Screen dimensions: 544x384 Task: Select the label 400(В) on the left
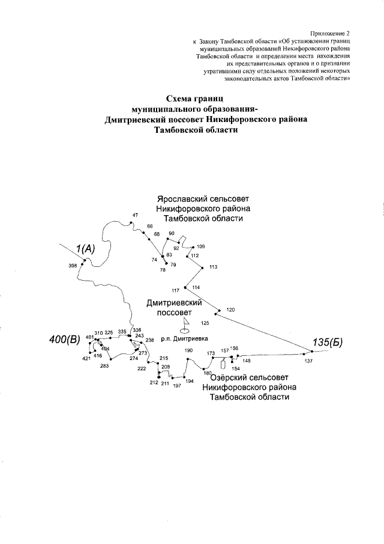(x=64, y=341)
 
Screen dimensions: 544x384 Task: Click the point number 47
(x=135, y=215)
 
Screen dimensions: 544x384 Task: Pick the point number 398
(x=73, y=266)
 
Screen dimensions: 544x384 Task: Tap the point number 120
(x=231, y=310)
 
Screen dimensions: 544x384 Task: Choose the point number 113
(x=213, y=266)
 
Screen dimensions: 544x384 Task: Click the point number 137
(x=308, y=361)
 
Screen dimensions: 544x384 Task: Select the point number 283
(x=104, y=365)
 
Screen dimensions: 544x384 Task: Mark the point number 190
(x=188, y=350)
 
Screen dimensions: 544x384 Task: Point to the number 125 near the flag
(x=205, y=323)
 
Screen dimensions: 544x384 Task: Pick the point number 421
(x=86, y=359)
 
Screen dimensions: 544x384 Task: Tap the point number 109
(x=200, y=246)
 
